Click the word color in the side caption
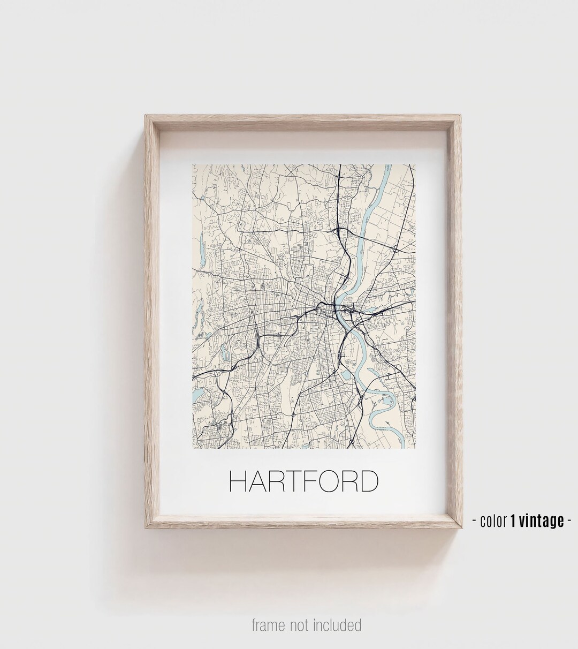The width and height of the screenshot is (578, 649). click(x=493, y=520)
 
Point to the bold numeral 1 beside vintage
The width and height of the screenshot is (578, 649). click(x=513, y=520)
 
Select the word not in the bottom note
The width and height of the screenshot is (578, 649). click(x=302, y=624)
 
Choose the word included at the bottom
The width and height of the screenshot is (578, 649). click(x=339, y=624)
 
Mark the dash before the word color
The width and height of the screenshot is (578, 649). click(x=475, y=520)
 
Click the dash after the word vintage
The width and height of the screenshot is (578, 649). click(x=569, y=520)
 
